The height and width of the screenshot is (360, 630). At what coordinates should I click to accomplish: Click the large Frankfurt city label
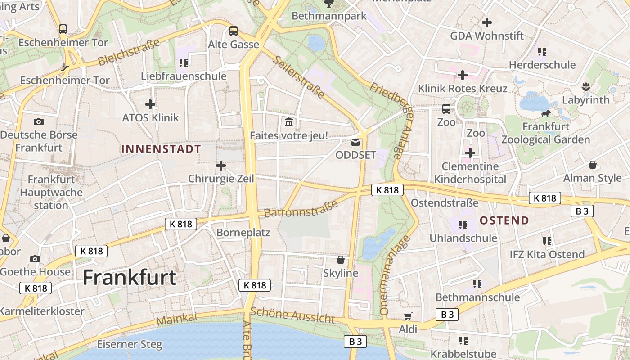click(130, 277)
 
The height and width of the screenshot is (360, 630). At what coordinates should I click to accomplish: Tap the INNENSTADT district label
click(161, 149)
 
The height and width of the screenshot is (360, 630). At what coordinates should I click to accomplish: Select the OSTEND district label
click(504, 220)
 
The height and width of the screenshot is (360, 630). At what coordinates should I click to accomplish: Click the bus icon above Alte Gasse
click(233, 31)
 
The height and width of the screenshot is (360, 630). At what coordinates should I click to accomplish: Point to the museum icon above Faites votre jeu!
click(289, 121)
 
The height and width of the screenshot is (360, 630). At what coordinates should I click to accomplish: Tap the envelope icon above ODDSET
click(355, 142)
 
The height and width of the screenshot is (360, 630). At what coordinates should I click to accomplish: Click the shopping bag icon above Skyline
click(341, 260)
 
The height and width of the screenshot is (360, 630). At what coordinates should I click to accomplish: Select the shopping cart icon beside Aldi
click(408, 316)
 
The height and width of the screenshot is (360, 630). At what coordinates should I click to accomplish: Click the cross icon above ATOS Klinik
click(150, 104)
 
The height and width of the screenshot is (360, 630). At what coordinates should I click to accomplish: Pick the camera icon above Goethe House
click(35, 259)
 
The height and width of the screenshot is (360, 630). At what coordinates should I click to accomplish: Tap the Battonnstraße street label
click(301, 209)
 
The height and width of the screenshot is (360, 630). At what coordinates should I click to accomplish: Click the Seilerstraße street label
click(299, 77)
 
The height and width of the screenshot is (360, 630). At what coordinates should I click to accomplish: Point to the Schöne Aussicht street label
click(292, 315)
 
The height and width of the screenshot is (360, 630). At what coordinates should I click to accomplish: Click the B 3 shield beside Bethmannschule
click(447, 315)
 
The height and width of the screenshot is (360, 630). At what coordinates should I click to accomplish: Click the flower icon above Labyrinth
click(585, 86)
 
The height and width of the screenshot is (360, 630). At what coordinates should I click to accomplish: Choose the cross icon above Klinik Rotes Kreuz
click(462, 75)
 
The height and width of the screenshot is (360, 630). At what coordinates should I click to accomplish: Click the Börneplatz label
click(243, 233)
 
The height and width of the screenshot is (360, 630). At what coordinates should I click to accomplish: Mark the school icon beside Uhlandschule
click(463, 225)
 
